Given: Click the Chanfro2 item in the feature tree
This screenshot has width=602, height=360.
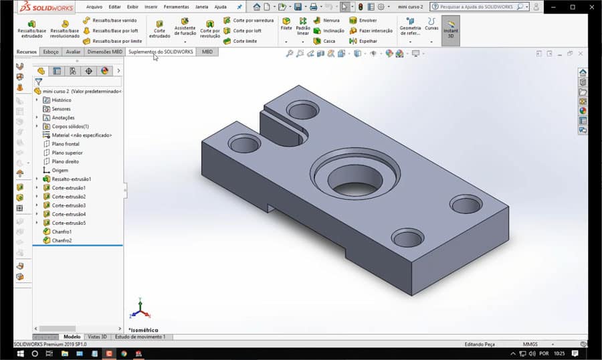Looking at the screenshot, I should (62, 240).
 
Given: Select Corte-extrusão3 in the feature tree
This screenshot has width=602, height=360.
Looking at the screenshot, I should (68, 205).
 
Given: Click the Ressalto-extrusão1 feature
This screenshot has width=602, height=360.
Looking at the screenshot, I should (71, 179).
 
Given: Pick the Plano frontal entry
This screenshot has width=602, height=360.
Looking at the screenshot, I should (66, 144).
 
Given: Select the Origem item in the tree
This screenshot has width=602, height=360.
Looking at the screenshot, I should (60, 170).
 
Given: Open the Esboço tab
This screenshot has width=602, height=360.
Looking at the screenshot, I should (50, 52).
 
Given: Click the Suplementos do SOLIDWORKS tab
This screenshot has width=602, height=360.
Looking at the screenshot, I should (161, 52).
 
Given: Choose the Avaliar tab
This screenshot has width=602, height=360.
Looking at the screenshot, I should (73, 52).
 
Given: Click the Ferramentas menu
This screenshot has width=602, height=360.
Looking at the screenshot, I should (176, 7).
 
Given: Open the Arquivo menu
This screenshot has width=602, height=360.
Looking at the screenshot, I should (94, 7).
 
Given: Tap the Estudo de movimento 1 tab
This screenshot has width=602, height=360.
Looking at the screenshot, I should (140, 337).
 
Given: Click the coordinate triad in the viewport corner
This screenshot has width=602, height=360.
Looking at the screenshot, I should (139, 309).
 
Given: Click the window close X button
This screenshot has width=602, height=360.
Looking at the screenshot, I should (591, 7).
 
